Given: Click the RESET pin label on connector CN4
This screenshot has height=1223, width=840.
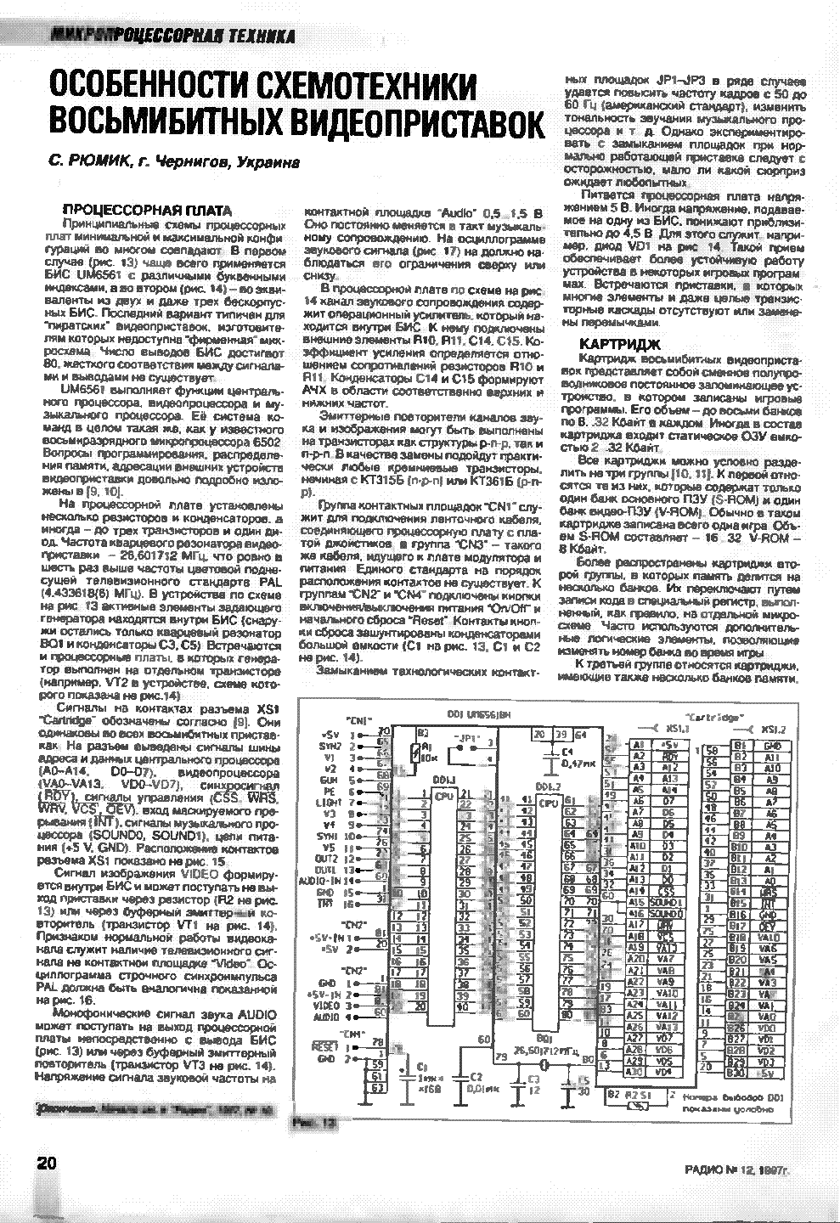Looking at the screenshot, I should click(326, 1046).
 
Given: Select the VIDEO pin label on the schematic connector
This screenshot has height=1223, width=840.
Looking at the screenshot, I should click(328, 1005).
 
